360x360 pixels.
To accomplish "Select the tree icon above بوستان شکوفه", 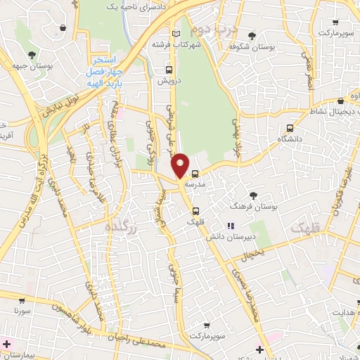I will pos(252,36).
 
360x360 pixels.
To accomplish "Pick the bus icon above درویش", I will pos(169,70).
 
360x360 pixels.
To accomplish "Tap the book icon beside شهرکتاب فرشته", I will pos(176,33).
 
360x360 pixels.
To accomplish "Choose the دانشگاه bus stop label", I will pos(290,139).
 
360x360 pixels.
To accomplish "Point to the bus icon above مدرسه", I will pos(195,173).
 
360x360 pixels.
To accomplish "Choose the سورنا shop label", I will pos(20,309).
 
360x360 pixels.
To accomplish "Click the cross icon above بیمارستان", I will pos(7,343).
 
